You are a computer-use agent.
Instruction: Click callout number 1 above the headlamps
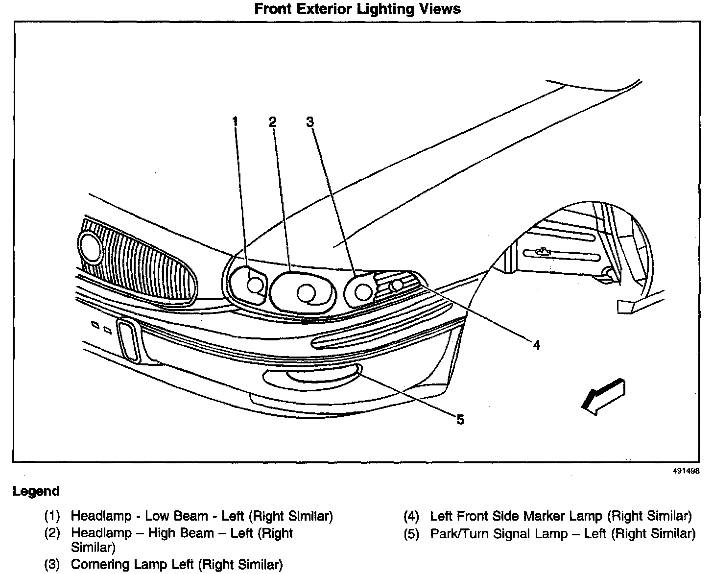[236, 121]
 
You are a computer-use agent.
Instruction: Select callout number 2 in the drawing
[272, 121]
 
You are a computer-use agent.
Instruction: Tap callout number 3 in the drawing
[310, 121]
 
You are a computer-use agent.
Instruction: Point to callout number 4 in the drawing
[536, 345]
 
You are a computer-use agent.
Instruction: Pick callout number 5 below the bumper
[460, 419]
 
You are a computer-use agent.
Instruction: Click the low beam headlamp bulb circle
[255, 285]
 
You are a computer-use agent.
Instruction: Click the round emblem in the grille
[90, 247]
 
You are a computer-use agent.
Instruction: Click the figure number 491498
[686, 471]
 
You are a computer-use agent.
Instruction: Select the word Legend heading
[36, 491]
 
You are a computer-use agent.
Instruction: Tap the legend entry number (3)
[52, 565]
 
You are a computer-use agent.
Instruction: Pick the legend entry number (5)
[411, 533]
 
